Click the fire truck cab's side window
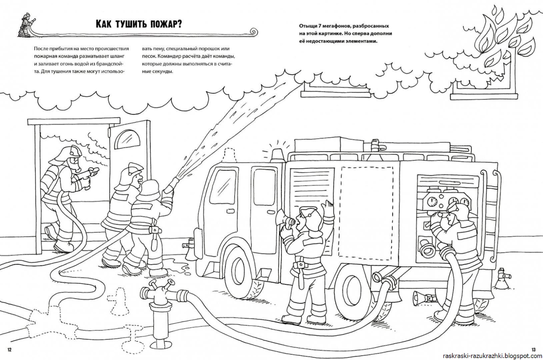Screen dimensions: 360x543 pyautogui.click(x=224, y=189)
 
